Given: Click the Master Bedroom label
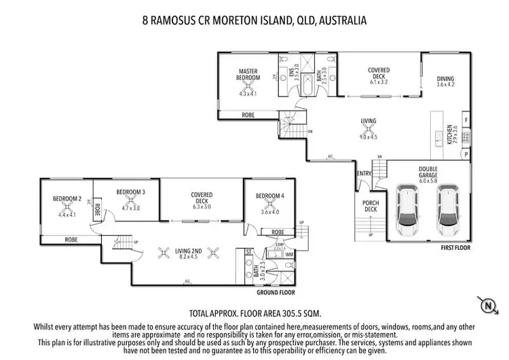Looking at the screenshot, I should [x=249, y=74].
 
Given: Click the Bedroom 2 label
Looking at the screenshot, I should [x=67, y=198].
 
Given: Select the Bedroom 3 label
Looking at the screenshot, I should [x=130, y=192].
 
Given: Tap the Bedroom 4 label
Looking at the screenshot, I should [x=270, y=196].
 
